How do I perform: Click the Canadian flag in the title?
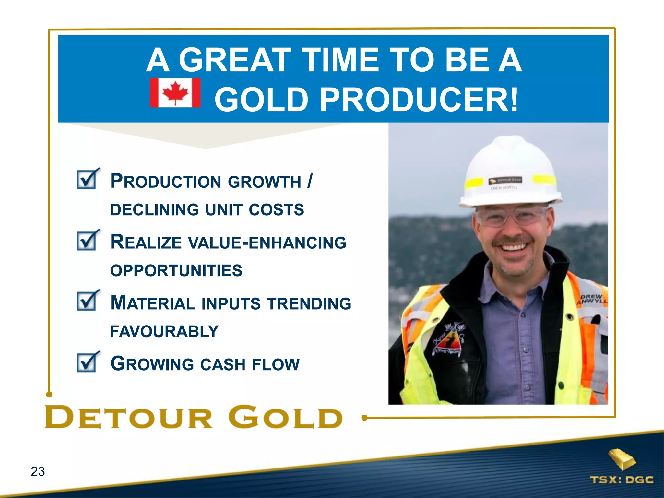point(175,93)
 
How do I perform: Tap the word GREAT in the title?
point(235,60)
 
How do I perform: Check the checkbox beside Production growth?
point(87,179)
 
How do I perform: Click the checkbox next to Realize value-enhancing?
point(87,241)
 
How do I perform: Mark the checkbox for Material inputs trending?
point(87,301)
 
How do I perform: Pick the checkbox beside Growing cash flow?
point(87,362)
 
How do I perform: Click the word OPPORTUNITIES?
point(176,270)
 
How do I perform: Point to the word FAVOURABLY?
point(164,331)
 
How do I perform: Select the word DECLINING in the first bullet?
point(154,209)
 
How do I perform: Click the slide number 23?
point(38,471)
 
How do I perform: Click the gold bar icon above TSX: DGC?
point(622,459)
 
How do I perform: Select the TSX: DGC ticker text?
point(622,480)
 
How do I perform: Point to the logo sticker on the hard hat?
point(505,180)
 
